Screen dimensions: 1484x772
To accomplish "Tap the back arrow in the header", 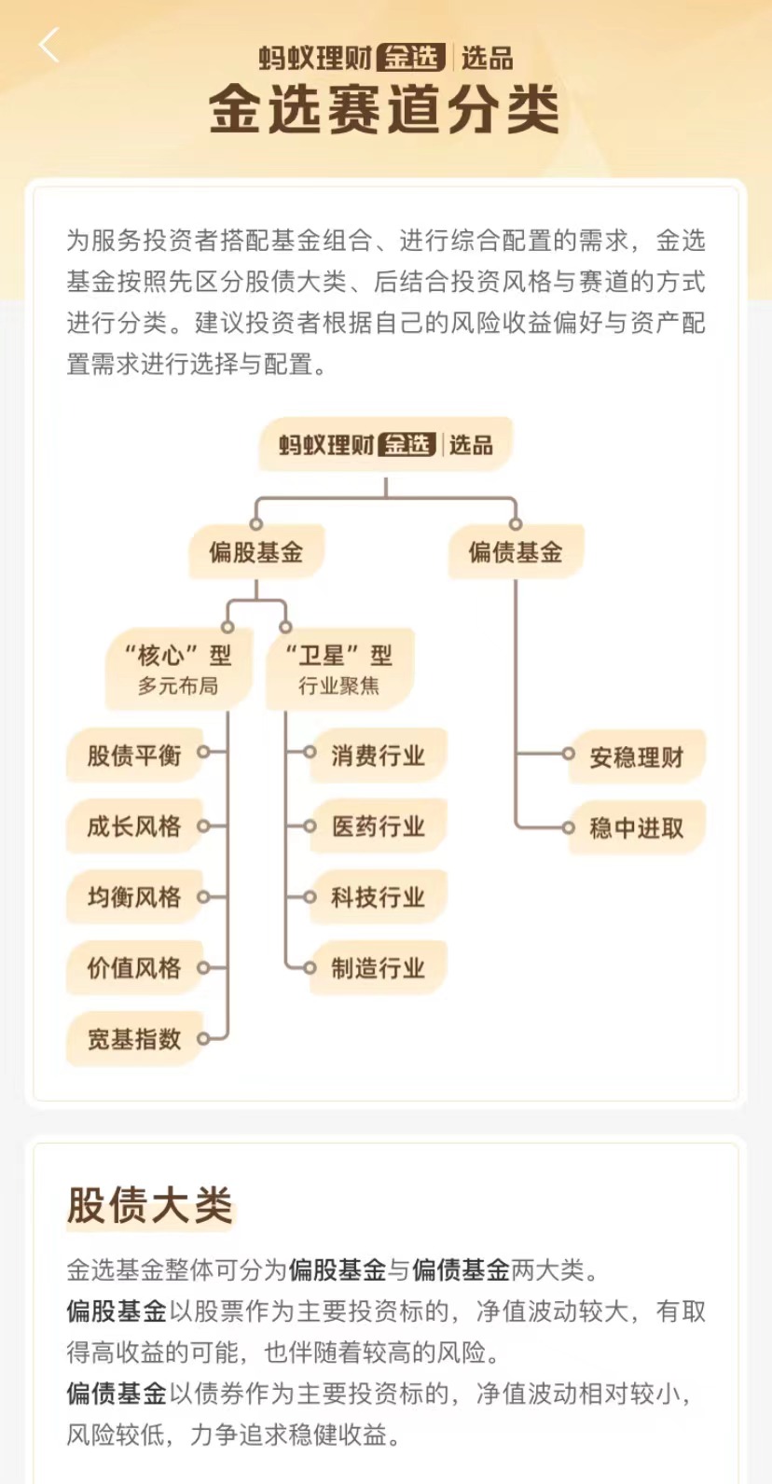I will tap(49, 45).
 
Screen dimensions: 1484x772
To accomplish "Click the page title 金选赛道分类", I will tap(384, 110).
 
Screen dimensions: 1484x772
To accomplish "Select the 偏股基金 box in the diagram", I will tap(255, 552).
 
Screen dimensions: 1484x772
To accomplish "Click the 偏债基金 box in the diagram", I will tap(516, 552).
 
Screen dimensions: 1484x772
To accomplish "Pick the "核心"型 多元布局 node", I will tap(178, 670).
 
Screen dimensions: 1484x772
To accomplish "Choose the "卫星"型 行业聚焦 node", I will tap(338, 670).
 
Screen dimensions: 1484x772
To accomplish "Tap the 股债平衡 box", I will tap(134, 755).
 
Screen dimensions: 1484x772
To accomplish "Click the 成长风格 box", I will tap(134, 825).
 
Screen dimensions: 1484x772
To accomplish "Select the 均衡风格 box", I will tap(134, 896).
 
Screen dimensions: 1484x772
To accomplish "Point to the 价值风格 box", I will tap(134, 967).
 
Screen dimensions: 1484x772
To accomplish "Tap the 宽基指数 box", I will tap(134, 1038).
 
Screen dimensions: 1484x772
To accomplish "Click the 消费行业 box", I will tap(378, 755).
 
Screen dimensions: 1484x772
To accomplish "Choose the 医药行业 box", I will tap(378, 825).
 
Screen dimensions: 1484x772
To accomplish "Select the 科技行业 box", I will tap(378, 896).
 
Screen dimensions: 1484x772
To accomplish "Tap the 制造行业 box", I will tap(378, 967).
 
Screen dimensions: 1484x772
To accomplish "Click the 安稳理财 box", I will tap(637, 756).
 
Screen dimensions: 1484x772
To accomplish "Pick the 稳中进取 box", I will tap(637, 827).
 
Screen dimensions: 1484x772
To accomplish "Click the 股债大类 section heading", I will tap(149, 1204).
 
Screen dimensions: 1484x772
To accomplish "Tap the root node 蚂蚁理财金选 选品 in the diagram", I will tap(385, 445).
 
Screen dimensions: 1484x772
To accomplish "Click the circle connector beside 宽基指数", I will tap(203, 1038).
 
